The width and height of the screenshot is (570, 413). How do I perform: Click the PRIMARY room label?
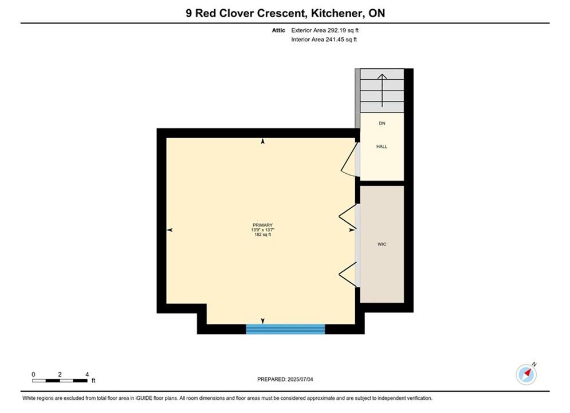[x=262, y=225]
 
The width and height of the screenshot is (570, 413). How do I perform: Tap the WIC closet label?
[x=382, y=244]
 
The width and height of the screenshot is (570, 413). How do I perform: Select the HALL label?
[x=382, y=147]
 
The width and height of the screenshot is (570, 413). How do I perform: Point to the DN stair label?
[x=382, y=123]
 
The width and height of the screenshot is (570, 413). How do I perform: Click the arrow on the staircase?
[x=382, y=91]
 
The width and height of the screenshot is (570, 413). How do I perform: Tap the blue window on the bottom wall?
[x=285, y=329]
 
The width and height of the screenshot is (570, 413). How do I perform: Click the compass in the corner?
[x=526, y=373]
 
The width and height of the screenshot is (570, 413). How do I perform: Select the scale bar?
[x=60, y=381]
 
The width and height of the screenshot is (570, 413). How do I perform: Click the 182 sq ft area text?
[x=262, y=235]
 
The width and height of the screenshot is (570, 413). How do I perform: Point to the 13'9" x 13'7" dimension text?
[x=262, y=230]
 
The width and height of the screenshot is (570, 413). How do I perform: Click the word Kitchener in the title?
[x=338, y=13]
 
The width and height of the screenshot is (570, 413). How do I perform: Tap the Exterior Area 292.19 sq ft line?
[x=325, y=30]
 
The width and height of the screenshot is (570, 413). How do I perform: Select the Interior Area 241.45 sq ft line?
[x=324, y=40]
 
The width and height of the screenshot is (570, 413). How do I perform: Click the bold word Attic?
[x=278, y=30]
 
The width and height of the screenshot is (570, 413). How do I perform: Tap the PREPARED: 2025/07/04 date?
[x=285, y=379]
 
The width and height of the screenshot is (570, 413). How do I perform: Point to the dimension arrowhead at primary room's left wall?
[x=170, y=230]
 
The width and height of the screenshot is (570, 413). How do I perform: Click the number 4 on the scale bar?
[x=87, y=374]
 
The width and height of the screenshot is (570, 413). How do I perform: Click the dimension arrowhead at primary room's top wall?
[x=263, y=141]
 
